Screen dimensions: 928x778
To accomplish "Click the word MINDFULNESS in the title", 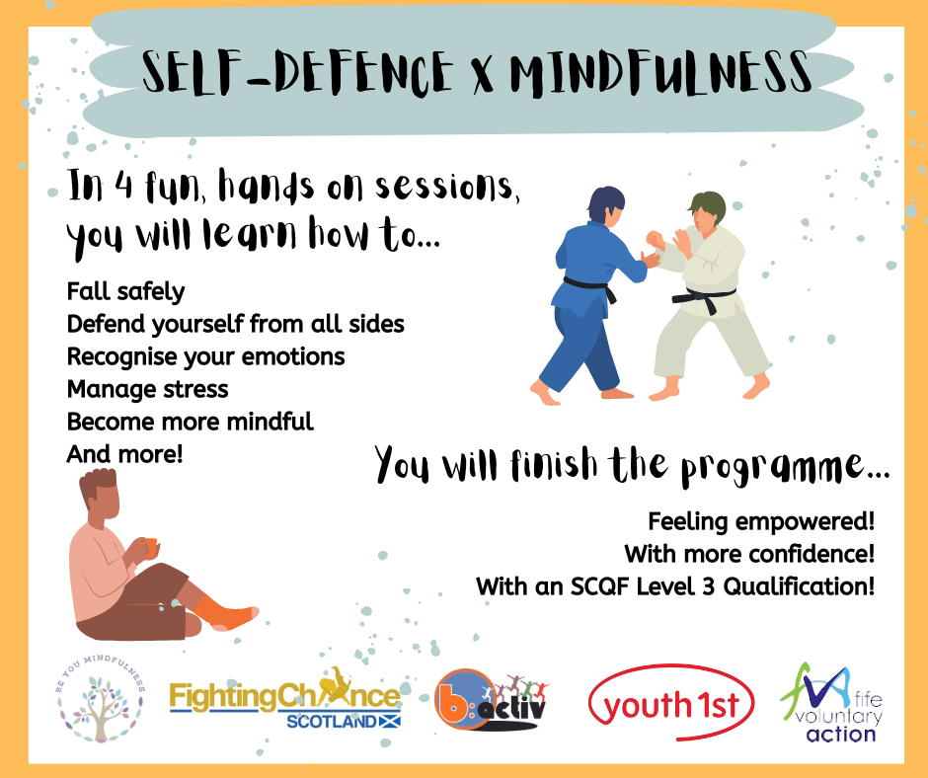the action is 660,73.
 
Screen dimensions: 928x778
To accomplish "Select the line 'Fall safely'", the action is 125,292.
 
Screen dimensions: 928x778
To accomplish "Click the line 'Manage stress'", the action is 147,390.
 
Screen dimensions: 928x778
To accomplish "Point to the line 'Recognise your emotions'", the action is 205,357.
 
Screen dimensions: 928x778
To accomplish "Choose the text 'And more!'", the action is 124,455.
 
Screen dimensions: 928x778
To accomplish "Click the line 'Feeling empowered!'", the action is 761,521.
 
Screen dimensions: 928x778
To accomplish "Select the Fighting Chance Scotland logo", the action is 285,698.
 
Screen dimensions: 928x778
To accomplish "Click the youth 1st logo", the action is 671,703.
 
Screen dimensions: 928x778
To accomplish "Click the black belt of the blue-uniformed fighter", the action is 589,287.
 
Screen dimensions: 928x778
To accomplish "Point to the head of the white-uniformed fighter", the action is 707,213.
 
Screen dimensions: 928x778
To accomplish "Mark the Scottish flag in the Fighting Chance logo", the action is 388,721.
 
